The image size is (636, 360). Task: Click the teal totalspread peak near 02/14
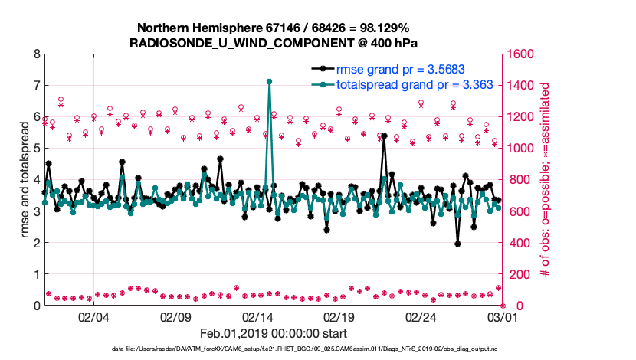[x=269, y=81]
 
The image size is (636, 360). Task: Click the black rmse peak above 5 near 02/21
[x=384, y=136]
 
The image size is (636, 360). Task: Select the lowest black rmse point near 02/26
[x=457, y=244]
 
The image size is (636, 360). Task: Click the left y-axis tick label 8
[x=36, y=54]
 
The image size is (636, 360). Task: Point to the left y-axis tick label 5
[x=36, y=149]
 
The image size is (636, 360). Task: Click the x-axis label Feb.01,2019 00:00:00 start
[x=273, y=333]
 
